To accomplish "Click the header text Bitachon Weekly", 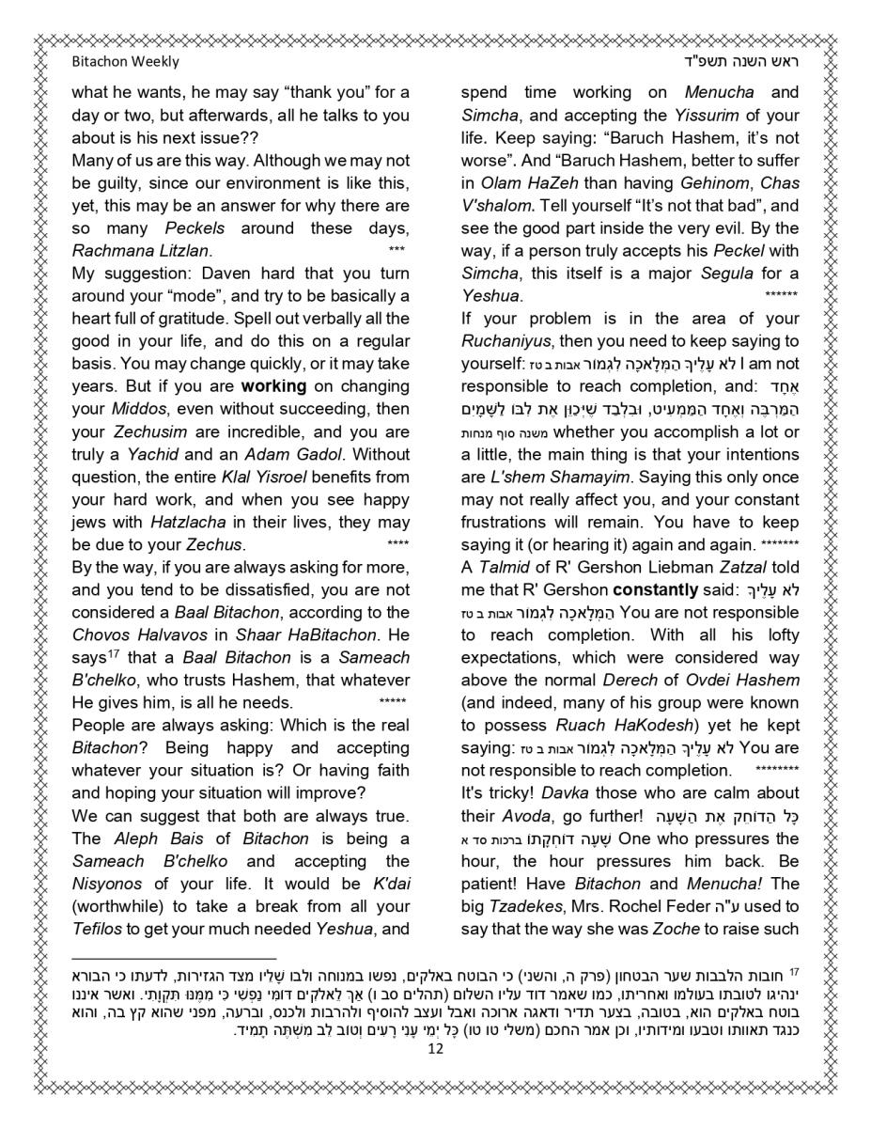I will pos(125,62).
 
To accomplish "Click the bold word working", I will pos(274,386).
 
